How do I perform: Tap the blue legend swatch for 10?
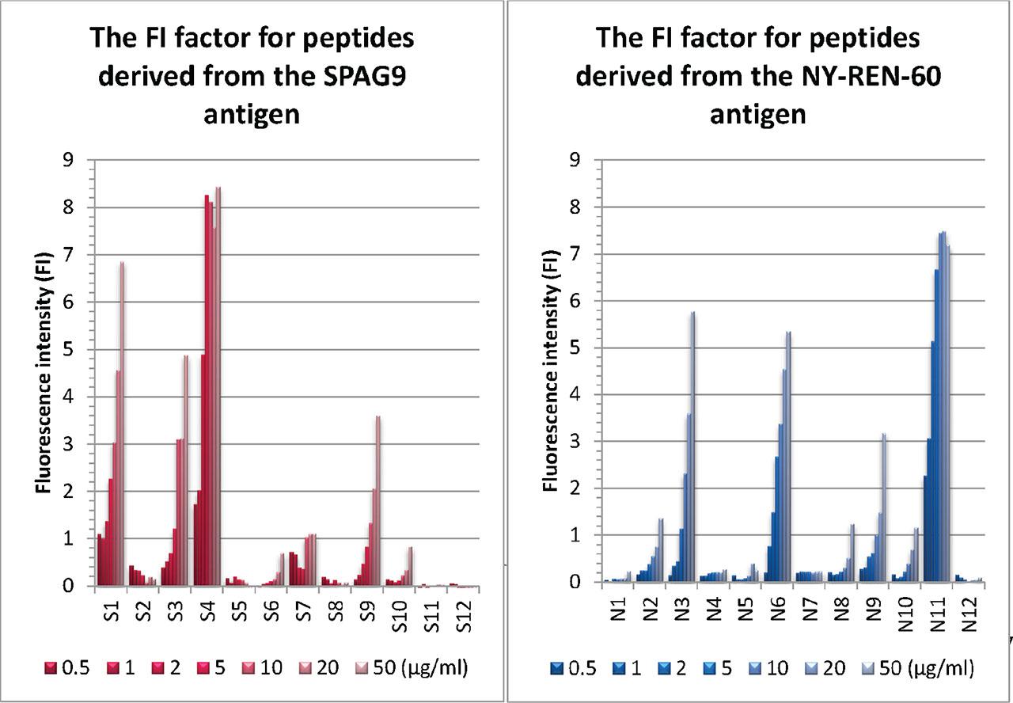click(x=761, y=669)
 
